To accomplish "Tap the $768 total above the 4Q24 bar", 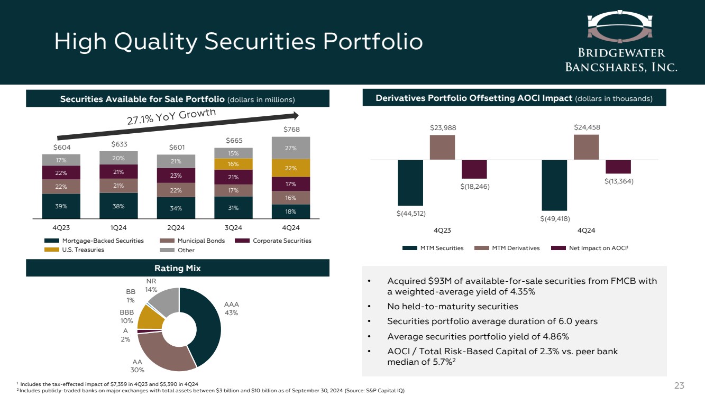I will pos(290,129).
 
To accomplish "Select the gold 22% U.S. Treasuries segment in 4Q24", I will pos(290,168).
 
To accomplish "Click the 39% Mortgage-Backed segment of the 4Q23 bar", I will pos(61,206).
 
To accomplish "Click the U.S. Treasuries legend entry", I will pos(75,250).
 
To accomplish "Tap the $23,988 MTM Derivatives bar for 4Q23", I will pos(442,148).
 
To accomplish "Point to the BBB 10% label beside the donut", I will pos(127,316).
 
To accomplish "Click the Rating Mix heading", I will pos(178,268).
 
